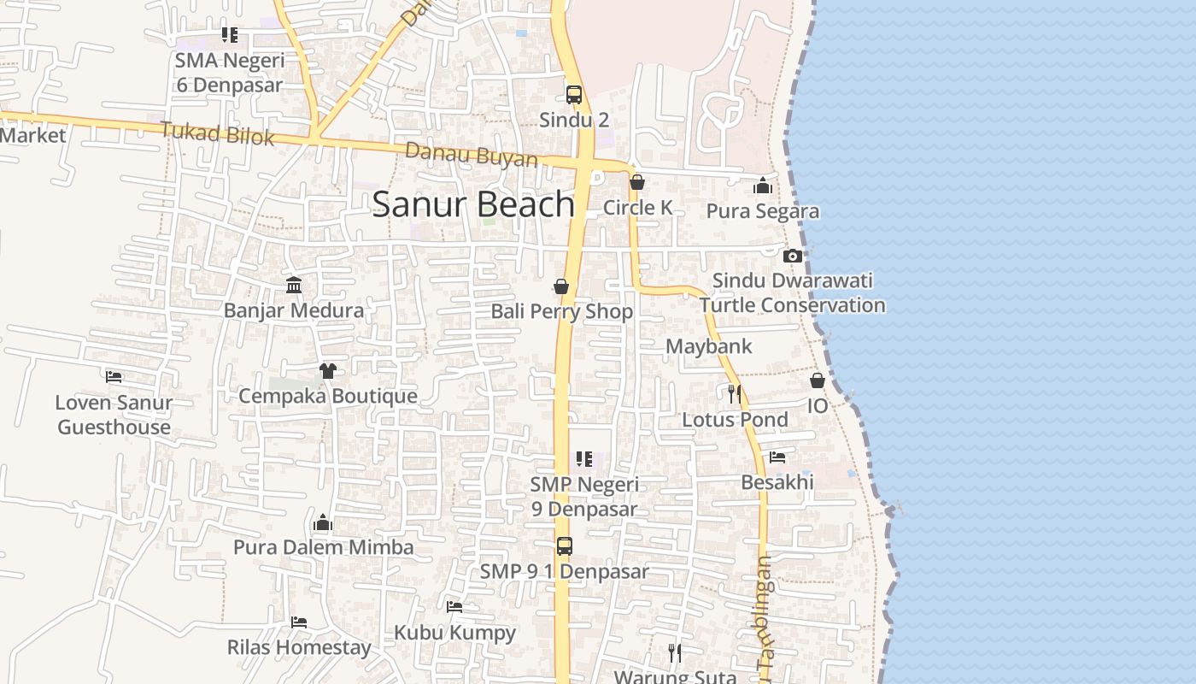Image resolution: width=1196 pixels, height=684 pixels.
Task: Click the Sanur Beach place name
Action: [x=473, y=204]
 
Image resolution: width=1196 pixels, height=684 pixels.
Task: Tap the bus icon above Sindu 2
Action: [x=574, y=95]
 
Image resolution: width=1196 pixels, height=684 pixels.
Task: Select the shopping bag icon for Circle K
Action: [x=636, y=182]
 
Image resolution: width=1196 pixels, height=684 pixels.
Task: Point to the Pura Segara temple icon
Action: [x=763, y=186]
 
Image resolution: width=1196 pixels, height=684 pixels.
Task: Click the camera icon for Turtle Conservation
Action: [x=792, y=256]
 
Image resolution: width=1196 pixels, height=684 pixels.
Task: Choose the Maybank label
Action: [x=708, y=346]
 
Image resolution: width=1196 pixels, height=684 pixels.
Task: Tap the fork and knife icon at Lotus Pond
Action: [x=734, y=394]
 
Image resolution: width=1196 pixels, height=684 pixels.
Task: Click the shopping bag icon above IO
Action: [x=818, y=380]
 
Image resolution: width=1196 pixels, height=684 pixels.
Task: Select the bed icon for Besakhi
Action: [x=777, y=457]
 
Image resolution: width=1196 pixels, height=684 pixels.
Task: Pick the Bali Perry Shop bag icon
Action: [x=561, y=286]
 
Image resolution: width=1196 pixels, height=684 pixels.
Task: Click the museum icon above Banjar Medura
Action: [x=294, y=285]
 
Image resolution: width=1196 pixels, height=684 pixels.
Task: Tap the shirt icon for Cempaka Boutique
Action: [x=328, y=370]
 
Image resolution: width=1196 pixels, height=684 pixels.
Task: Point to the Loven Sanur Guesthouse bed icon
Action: [x=114, y=376]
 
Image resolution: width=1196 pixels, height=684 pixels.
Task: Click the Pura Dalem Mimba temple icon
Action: [x=323, y=522]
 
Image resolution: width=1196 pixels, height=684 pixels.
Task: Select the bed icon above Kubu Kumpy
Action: [x=454, y=607]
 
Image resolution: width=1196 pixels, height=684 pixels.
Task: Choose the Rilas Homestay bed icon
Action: [x=298, y=622]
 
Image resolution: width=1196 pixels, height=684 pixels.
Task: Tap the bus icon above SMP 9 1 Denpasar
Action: [x=564, y=546]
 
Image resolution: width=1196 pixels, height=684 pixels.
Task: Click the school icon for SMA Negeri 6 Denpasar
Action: [x=229, y=35]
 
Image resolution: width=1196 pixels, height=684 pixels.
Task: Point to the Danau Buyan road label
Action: [x=472, y=156]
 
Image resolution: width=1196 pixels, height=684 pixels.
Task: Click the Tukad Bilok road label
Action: [x=218, y=133]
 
